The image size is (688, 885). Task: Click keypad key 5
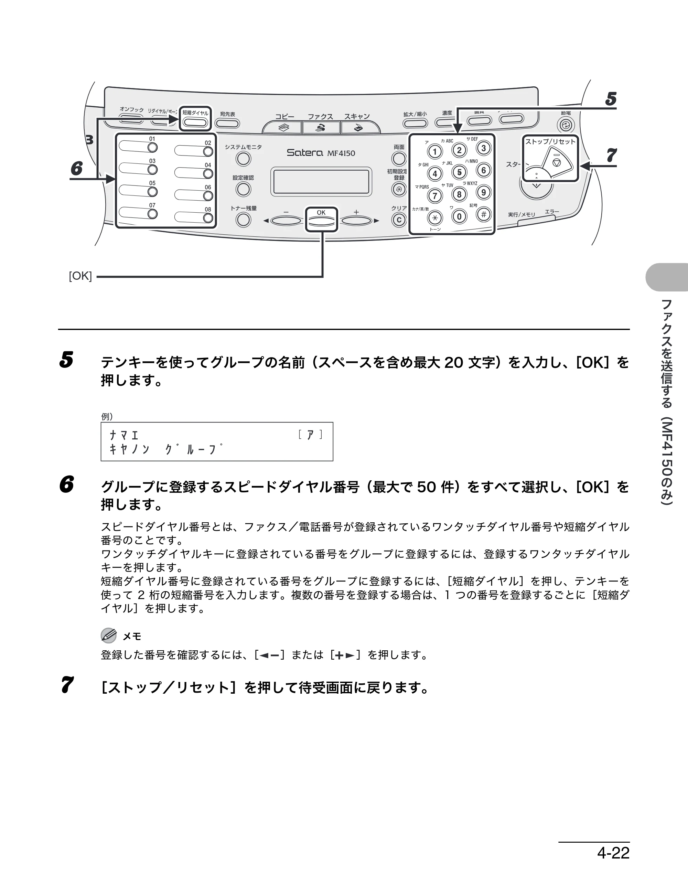click(x=459, y=172)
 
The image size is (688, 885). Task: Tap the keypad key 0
click(x=459, y=217)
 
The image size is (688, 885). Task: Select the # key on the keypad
click(x=483, y=214)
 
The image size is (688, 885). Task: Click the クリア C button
click(x=399, y=220)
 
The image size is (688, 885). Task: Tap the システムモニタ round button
click(x=244, y=159)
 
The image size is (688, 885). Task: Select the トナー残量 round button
click(x=244, y=220)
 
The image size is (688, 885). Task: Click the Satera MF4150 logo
click(x=321, y=153)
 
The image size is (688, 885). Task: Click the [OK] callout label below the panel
click(x=80, y=276)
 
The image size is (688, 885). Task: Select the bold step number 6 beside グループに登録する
click(x=67, y=484)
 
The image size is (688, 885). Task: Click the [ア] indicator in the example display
click(x=310, y=435)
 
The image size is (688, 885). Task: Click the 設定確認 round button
click(x=244, y=189)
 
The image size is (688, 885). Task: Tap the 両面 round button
click(x=399, y=158)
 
